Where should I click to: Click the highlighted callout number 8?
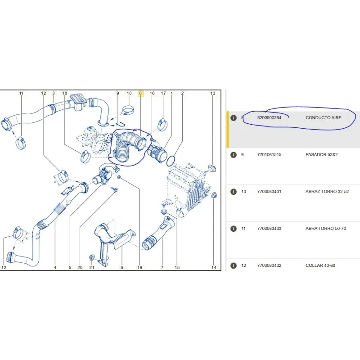(140, 93)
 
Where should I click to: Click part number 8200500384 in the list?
(269, 117)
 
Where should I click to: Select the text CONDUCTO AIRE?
(323, 117)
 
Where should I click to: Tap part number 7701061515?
(269, 154)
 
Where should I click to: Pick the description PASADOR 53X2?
(321, 154)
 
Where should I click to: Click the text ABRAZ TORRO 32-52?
(327, 192)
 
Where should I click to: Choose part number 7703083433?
(269, 229)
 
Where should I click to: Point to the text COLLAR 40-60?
(320, 265)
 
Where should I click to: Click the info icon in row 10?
(233, 192)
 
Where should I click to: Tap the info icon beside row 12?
(233, 265)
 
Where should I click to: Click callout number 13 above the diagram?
(213, 93)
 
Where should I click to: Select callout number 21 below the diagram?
(92, 267)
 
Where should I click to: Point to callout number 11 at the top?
(21, 93)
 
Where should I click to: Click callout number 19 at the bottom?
(139, 267)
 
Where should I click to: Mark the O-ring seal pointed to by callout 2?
(171, 161)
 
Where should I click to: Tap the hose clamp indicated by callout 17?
(162, 125)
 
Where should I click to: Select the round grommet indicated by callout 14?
(214, 195)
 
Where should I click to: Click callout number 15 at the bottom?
(177, 267)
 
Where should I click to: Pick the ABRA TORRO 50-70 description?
(325, 229)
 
